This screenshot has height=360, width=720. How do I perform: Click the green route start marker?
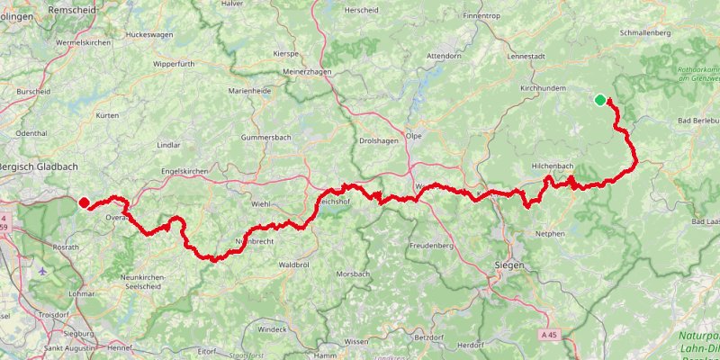coord(600,100)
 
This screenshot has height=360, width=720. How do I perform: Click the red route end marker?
coord(84,202)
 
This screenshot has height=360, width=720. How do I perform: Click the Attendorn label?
coord(443,56)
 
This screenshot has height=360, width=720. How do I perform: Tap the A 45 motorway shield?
coord(550,334)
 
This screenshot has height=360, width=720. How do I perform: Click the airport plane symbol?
coord(46,270)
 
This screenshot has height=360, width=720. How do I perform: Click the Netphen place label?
coord(548,234)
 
